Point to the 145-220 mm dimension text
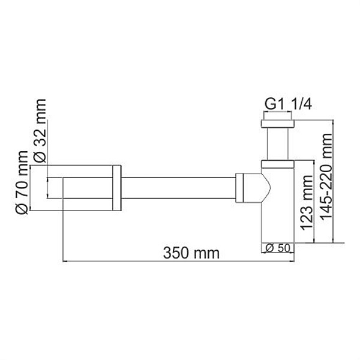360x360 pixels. click(x=328, y=181)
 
